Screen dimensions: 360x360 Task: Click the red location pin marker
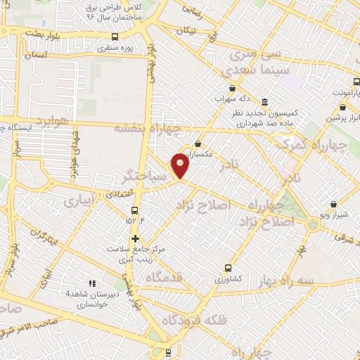pos(181,165)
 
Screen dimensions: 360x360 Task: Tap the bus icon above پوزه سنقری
pos(115,37)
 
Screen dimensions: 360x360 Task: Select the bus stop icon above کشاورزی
pos(226,267)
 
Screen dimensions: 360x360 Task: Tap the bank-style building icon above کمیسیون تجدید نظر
pos(264,101)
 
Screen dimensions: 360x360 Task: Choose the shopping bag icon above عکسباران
pos(198,143)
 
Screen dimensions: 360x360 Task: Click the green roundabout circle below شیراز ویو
pos(312,226)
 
